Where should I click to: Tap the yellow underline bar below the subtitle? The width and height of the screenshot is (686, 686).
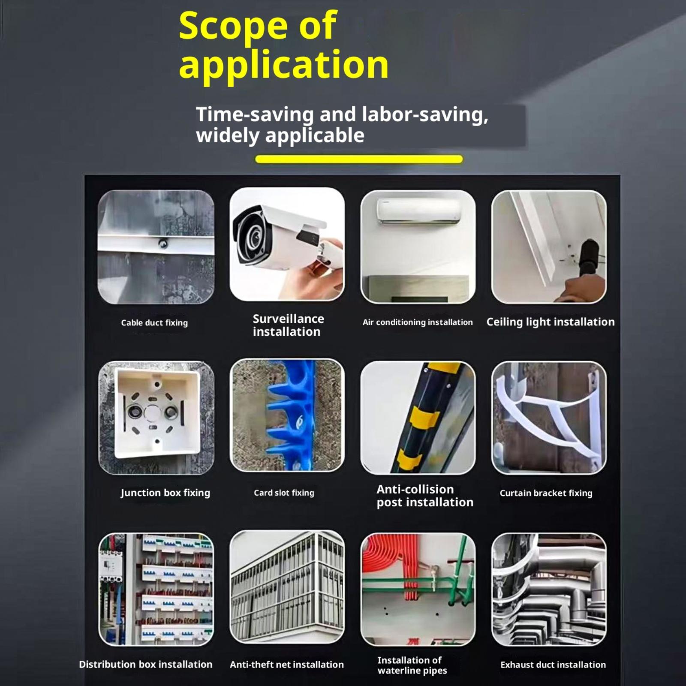click(359, 159)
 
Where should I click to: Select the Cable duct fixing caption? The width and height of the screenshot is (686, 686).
click(154, 322)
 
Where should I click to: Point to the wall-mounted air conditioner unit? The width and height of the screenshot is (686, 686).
click(418, 211)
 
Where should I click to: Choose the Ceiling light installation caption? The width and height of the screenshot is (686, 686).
click(551, 322)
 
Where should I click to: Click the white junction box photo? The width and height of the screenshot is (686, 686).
click(156, 418)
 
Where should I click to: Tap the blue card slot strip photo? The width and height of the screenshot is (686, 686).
click(287, 415)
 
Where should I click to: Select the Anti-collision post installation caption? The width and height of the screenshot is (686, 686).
click(425, 496)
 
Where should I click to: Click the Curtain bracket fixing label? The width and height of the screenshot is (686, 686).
click(546, 493)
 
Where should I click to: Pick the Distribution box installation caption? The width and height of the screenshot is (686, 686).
click(146, 664)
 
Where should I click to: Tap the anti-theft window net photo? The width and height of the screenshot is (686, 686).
click(287, 587)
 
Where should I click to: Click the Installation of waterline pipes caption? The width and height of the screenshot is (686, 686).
click(412, 665)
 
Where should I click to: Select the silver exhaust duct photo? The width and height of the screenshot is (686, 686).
click(549, 590)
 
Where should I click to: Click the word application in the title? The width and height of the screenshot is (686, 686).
click(284, 64)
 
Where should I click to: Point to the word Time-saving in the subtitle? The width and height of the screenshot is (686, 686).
click(255, 114)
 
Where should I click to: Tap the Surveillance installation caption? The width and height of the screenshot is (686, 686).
click(288, 325)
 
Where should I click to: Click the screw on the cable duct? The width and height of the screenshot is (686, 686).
click(163, 244)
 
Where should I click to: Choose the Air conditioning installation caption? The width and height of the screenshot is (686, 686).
click(418, 322)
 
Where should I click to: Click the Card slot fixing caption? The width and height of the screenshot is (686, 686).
click(284, 493)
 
